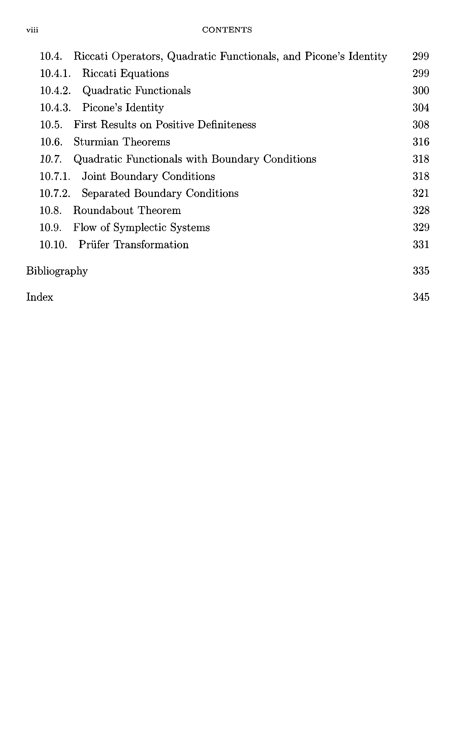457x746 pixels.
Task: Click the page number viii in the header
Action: [x=32, y=30]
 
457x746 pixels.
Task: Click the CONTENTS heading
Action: [x=227, y=30]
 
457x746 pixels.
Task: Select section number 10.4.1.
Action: [x=55, y=73]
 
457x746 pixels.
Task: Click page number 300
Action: [x=421, y=91]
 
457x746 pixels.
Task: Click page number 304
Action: [x=421, y=108]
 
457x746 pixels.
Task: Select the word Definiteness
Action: [x=226, y=125]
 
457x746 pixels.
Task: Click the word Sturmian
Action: [x=96, y=142]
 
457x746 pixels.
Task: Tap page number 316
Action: [x=421, y=142]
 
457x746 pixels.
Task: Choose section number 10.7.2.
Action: [x=55, y=193]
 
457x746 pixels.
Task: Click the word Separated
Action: [x=106, y=193]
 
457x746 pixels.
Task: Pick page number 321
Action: [x=421, y=193]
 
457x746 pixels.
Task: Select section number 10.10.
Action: [x=53, y=245]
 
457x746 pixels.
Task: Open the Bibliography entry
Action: [x=57, y=271]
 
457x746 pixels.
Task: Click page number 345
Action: [x=421, y=297]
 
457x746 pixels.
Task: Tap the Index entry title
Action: [x=40, y=297]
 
